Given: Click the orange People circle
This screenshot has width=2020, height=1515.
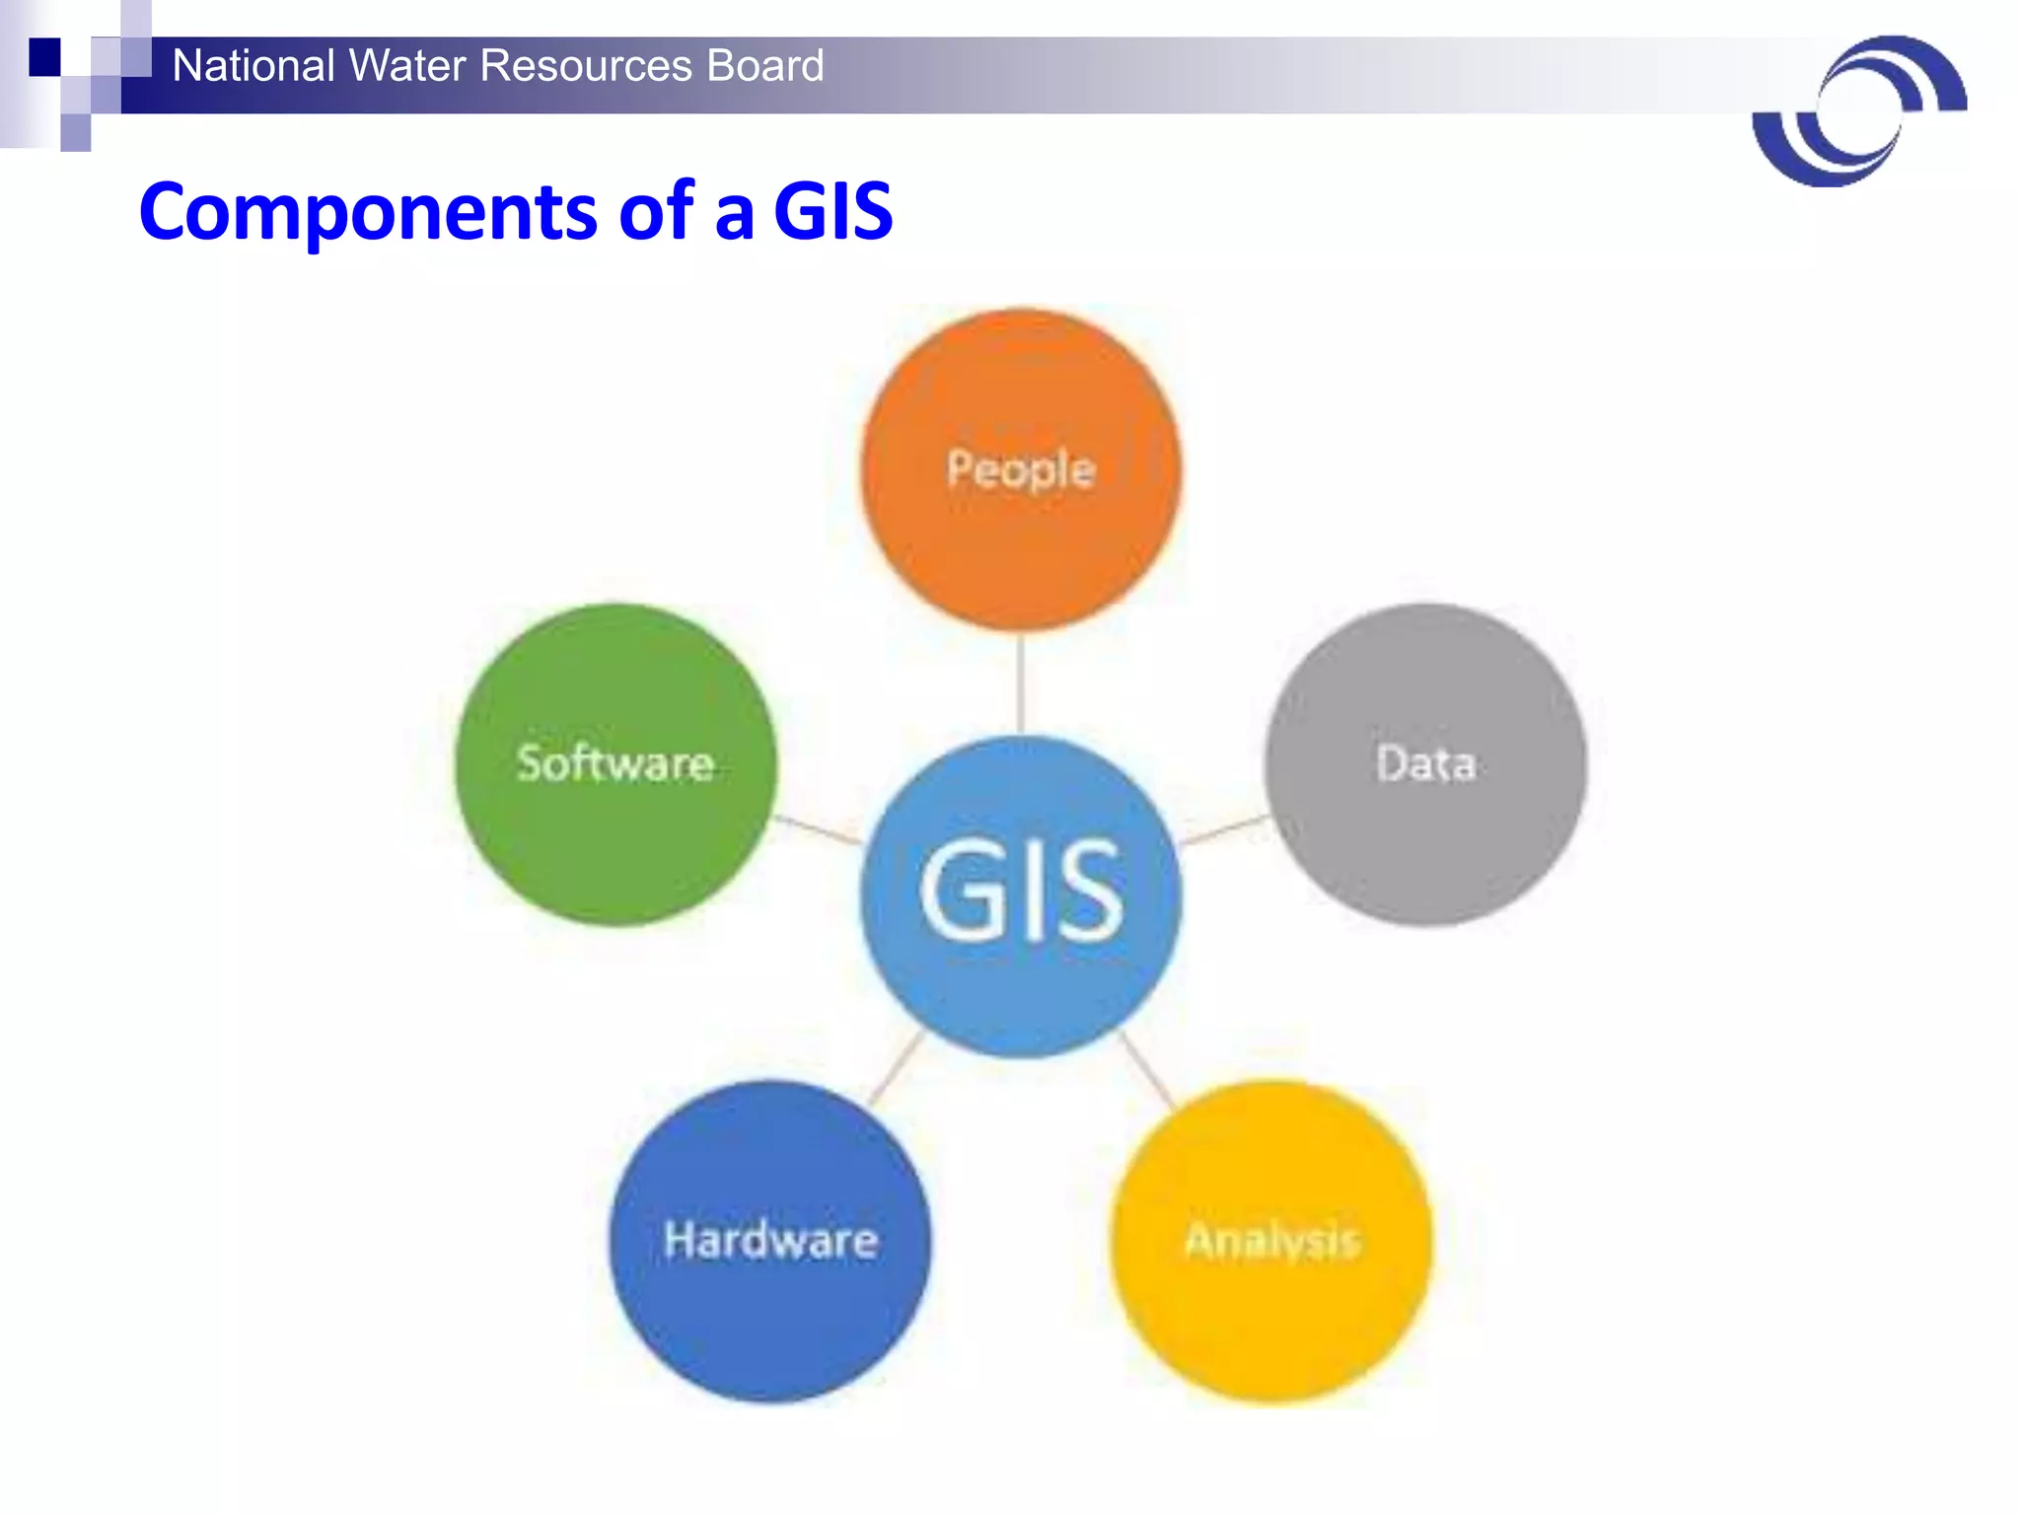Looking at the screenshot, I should (x=1021, y=469).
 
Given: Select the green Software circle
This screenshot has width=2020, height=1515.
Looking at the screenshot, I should (x=615, y=764).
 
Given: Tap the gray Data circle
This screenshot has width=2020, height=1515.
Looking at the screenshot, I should (x=1426, y=764).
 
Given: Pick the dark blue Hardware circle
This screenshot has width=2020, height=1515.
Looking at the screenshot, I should (x=770, y=1241).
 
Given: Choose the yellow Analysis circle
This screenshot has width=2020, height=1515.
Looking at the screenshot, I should (x=1272, y=1241).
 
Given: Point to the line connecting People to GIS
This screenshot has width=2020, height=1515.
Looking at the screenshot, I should (x=1021, y=683).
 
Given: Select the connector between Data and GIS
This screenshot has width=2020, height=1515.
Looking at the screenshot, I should (x=1223, y=830).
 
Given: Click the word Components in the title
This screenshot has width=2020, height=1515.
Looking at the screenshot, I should (x=368, y=211).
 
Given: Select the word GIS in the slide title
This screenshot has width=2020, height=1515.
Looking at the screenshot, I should (x=833, y=211).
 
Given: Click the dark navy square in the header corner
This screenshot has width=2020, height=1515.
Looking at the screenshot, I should (x=45, y=56).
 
